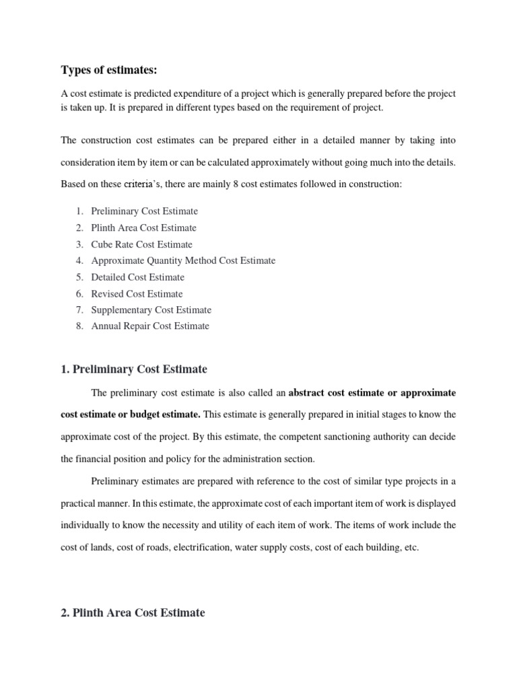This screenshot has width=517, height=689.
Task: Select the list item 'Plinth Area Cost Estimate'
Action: point(143,228)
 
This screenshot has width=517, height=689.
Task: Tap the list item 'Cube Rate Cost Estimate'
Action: point(141,244)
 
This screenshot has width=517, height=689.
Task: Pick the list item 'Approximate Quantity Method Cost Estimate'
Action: point(183,260)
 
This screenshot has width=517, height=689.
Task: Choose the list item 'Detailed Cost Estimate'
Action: point(137,277)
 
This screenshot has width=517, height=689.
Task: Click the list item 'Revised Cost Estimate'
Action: point(137,293)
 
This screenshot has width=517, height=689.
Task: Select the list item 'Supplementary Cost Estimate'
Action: point(151,310)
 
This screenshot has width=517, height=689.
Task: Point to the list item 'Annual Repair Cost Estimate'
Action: point(150,326)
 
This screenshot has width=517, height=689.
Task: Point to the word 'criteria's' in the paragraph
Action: point(137,184)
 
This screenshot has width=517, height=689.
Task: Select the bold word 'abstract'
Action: point(313,392)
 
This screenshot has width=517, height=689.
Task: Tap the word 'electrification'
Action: point(201,547)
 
